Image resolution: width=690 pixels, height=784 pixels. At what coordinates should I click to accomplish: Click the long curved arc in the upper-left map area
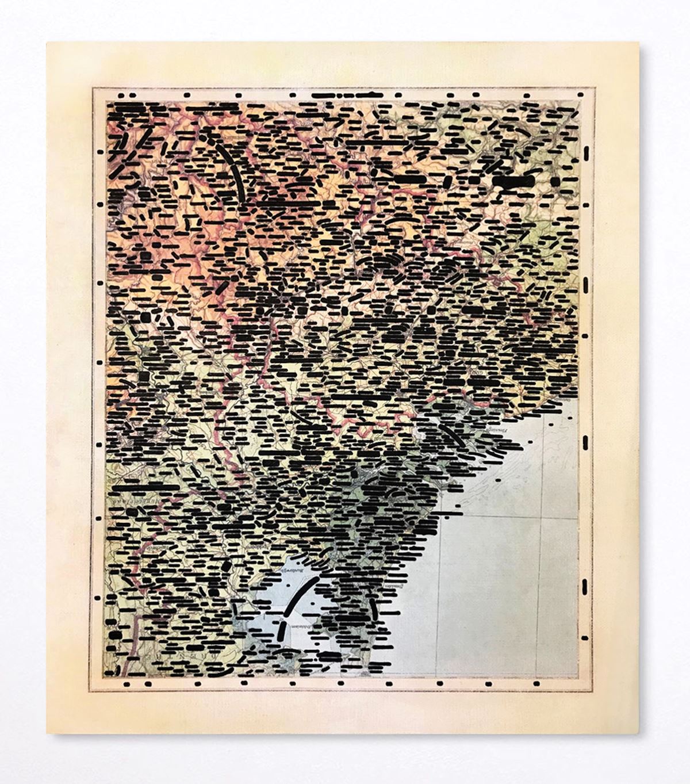point(232,167)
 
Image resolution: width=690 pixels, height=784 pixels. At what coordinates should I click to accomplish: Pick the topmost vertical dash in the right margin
point(586,153)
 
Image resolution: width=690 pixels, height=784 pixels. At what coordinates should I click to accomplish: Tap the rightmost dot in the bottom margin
point(536,684)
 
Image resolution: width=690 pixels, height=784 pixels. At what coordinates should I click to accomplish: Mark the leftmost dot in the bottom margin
point(123,684)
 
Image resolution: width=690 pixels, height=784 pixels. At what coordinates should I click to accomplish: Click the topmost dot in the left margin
point(101,152)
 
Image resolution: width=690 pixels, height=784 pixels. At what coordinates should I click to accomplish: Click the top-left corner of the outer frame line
point(93,87)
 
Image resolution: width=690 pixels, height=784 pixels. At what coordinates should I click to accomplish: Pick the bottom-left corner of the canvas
point(47,733)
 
